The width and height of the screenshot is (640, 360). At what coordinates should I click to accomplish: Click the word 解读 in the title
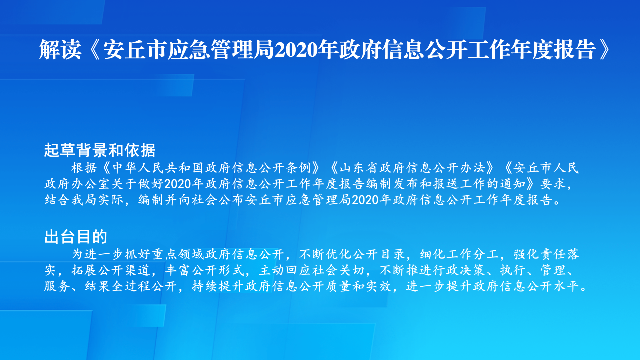60,50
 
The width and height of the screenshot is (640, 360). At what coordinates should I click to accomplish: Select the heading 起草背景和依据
100,150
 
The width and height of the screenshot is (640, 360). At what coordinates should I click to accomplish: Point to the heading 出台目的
76,237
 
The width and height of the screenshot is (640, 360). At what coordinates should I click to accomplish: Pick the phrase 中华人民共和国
158,168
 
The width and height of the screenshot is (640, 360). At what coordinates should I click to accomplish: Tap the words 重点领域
178,254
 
